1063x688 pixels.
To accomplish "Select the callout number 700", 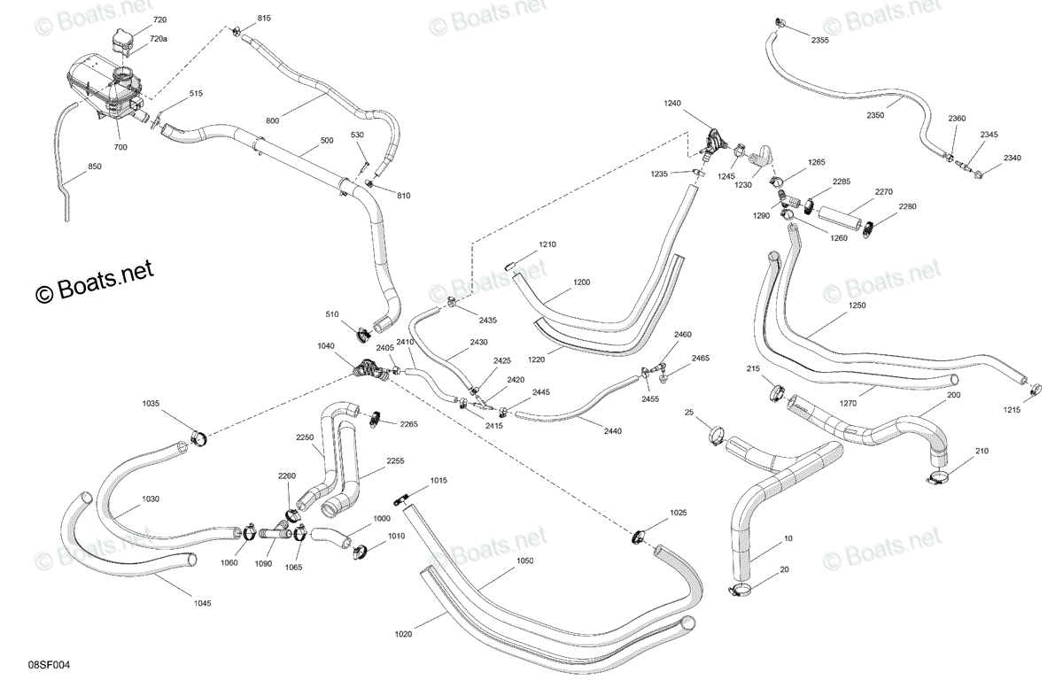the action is pos(120,147).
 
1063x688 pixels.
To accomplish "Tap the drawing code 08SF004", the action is pos(49,665).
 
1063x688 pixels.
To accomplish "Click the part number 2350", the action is pos(875,115).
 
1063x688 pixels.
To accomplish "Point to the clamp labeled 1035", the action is pos(198,438).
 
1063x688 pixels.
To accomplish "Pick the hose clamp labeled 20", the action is pos(740,591).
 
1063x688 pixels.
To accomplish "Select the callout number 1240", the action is pos(672,103).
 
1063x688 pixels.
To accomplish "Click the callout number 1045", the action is pos(203,604).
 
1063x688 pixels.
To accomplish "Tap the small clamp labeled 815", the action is pos(236,32).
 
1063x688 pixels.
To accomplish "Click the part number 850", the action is pos(95,166).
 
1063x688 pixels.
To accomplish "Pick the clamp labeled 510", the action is pos(363,334).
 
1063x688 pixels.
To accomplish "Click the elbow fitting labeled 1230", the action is pos(761,156).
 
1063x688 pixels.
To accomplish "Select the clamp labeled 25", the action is pos(718,436).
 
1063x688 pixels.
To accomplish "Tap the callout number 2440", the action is pos(613,431).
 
